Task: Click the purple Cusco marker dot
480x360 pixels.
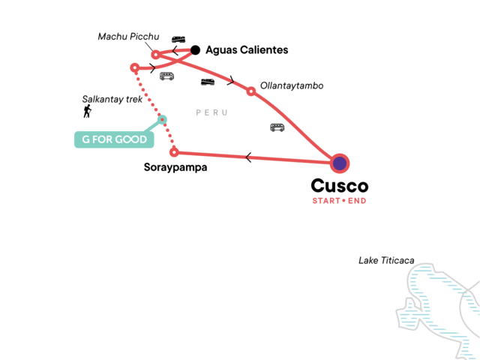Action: (340, 163)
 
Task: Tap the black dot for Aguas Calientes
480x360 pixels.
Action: (195, 50)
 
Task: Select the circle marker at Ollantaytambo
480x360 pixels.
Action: (251, 91)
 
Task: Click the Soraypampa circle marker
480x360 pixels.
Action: (174, 152)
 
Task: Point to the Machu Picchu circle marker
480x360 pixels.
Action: (155, 54)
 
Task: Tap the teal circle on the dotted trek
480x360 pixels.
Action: (162, 120)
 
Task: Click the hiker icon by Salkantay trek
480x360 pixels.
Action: (88, 112)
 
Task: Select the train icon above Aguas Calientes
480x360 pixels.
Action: (178, 39)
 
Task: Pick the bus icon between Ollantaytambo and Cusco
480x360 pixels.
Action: (277, 127)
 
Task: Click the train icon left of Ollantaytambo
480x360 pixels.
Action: (208, 82)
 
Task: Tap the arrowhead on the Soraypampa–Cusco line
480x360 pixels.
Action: (247, 157)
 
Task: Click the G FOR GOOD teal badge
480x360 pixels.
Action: (111, 139)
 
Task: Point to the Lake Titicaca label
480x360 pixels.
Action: (386, 260)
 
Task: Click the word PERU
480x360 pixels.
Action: (211, 112)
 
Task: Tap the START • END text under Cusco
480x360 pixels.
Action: (339, 200)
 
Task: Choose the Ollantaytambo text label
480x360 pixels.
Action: (291, 86)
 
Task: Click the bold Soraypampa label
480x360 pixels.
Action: (175, 167)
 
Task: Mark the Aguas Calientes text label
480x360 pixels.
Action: (247, 50)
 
